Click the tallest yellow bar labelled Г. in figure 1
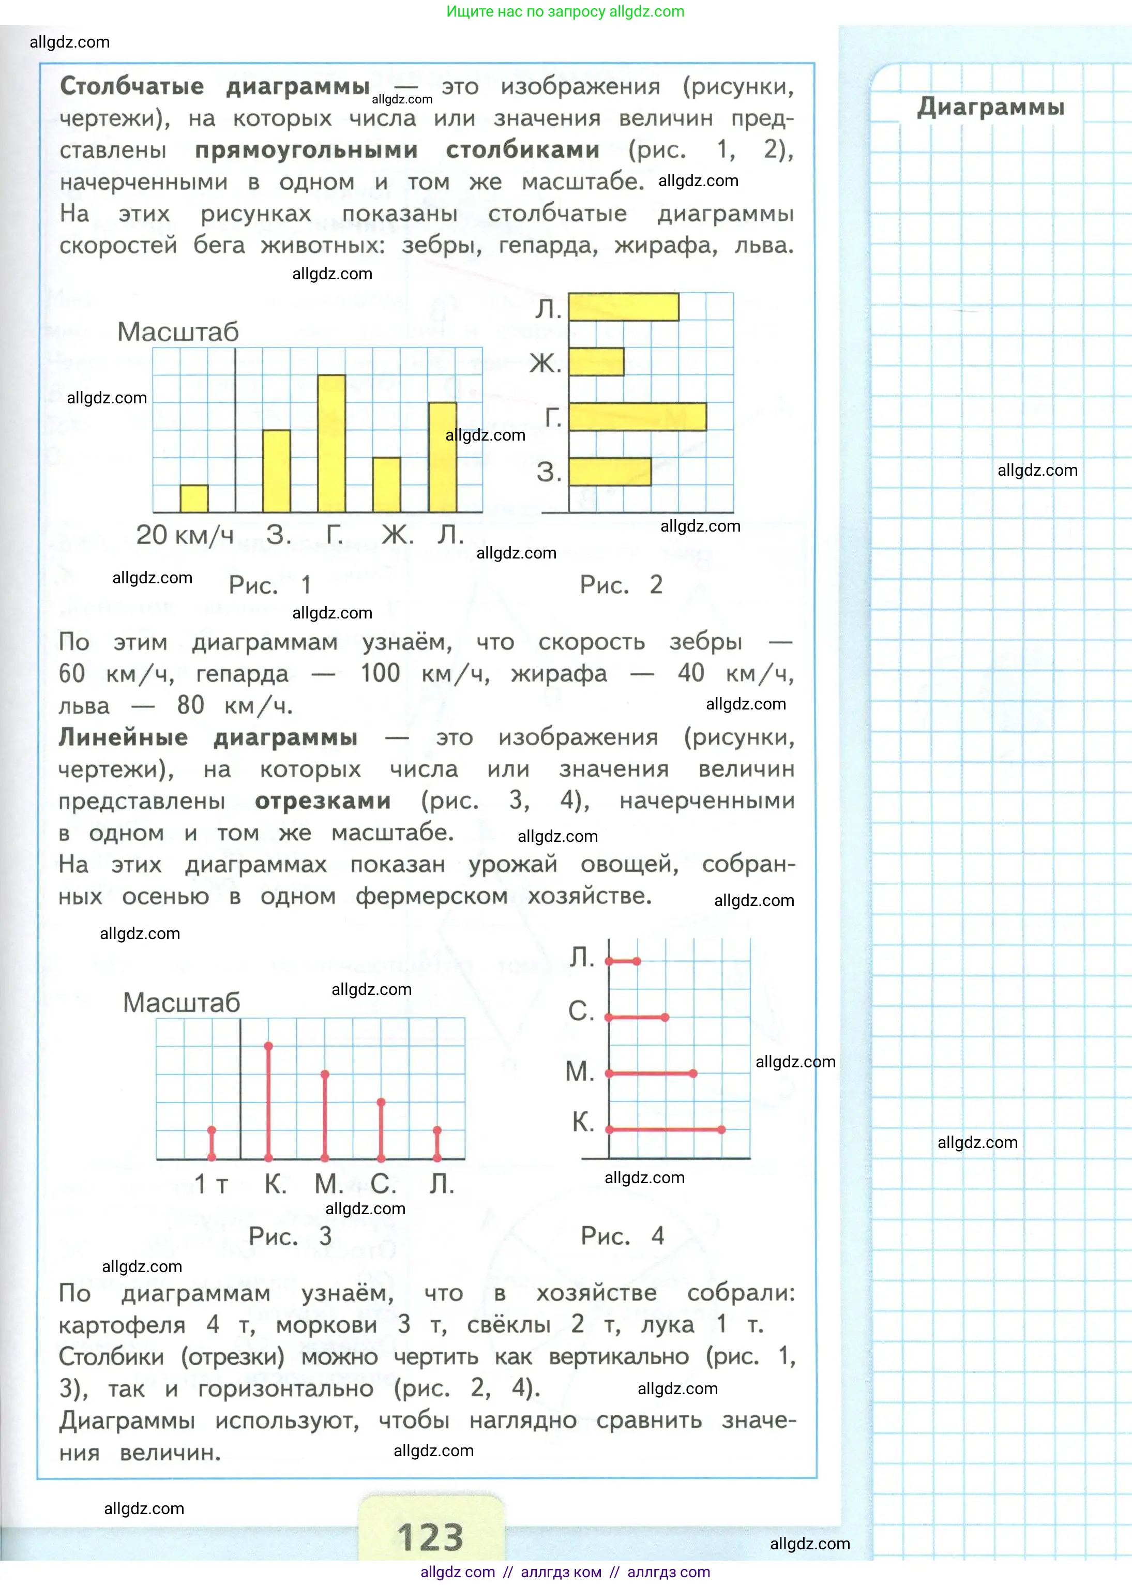coord(331,443)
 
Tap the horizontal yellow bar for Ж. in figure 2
coord(596,361)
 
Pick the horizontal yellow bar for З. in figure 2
coord(610,472)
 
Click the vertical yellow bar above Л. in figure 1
coord(443,457)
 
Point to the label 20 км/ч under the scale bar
coord(185,535)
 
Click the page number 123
coord(430,1536)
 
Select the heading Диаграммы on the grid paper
coord(990,108)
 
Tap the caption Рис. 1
coord(270,585)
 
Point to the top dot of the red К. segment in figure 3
coord(268,1046)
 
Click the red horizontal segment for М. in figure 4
coord(651,1073)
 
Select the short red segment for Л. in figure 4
coord(623,962)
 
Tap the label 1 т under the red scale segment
coord(210,1184)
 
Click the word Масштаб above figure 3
coord(181,1003)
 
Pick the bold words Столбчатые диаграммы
coord(215,86)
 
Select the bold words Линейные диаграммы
coord(208,737)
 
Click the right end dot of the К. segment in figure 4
coord(721,1129)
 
